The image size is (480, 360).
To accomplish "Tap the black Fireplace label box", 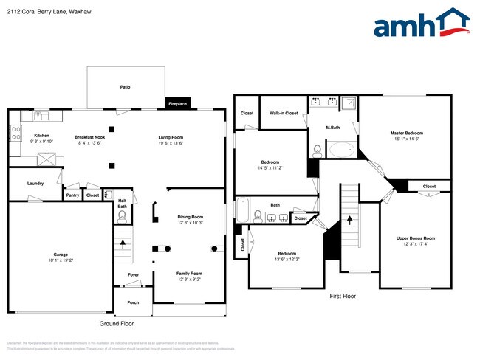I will pyautogui.click(x=177, y=103).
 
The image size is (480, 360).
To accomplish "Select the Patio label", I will pyautogui.click(x=126, y=87).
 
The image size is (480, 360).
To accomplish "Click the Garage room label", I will pyautogui.click(x=61, y=254).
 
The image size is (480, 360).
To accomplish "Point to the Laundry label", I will pyautogui.click(x=35, y=183).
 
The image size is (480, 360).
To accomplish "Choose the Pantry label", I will pyautogui.click(x=72, y=195).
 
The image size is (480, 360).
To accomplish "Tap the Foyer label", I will pyautogui.click(x=133, y=274).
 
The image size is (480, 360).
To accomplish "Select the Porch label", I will pyautogui.click(x=133, y=302).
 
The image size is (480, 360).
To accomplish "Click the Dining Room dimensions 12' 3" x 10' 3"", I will pyautogui.click(x=190, y=223).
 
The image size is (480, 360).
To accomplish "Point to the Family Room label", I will pyautogui.click(x=190, y=273).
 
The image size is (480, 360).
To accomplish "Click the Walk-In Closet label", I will pyautogui.click(x=284, y=113).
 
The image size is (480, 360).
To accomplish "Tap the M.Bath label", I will pyautogui.click(x=333, y=128).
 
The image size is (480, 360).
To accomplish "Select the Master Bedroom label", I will pyautogui.click(x=407, y=133).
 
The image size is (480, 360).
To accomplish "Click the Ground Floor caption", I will pyautogui.click(x=117, y=323).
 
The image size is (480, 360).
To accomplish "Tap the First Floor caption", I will pyautogui.click(x=343, y=296).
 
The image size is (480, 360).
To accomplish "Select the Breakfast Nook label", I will pyautogui.click(x=89, y=136).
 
